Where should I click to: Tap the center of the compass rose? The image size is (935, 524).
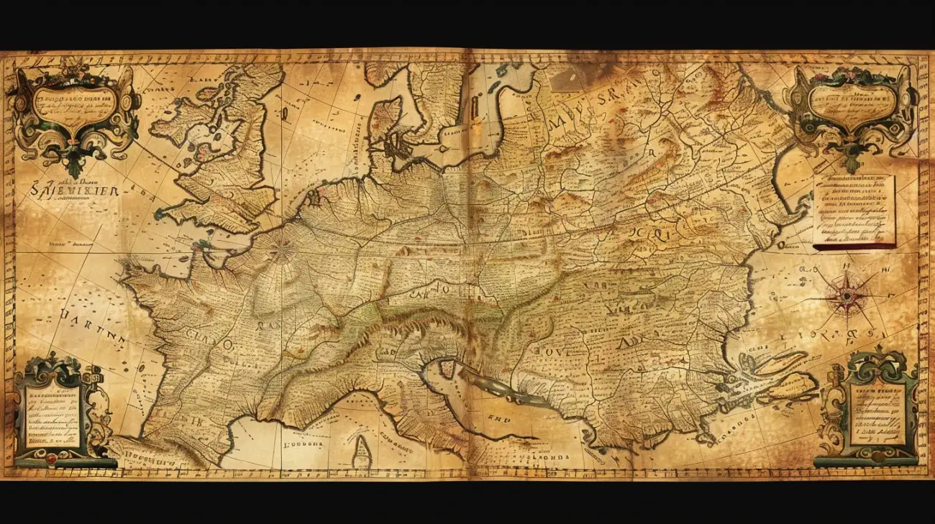click(847, 295)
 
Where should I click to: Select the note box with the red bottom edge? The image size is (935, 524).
click(854, 211)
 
